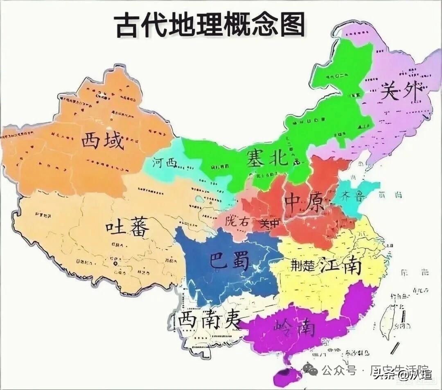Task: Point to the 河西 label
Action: [x=165, y=163]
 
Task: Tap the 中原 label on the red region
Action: [x=304, y=202]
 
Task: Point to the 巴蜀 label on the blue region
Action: [x=229, y=261]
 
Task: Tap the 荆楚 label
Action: [x=303, y=265]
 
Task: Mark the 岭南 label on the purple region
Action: [x=295, y=327]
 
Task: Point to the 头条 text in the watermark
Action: [x=384, y=374]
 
